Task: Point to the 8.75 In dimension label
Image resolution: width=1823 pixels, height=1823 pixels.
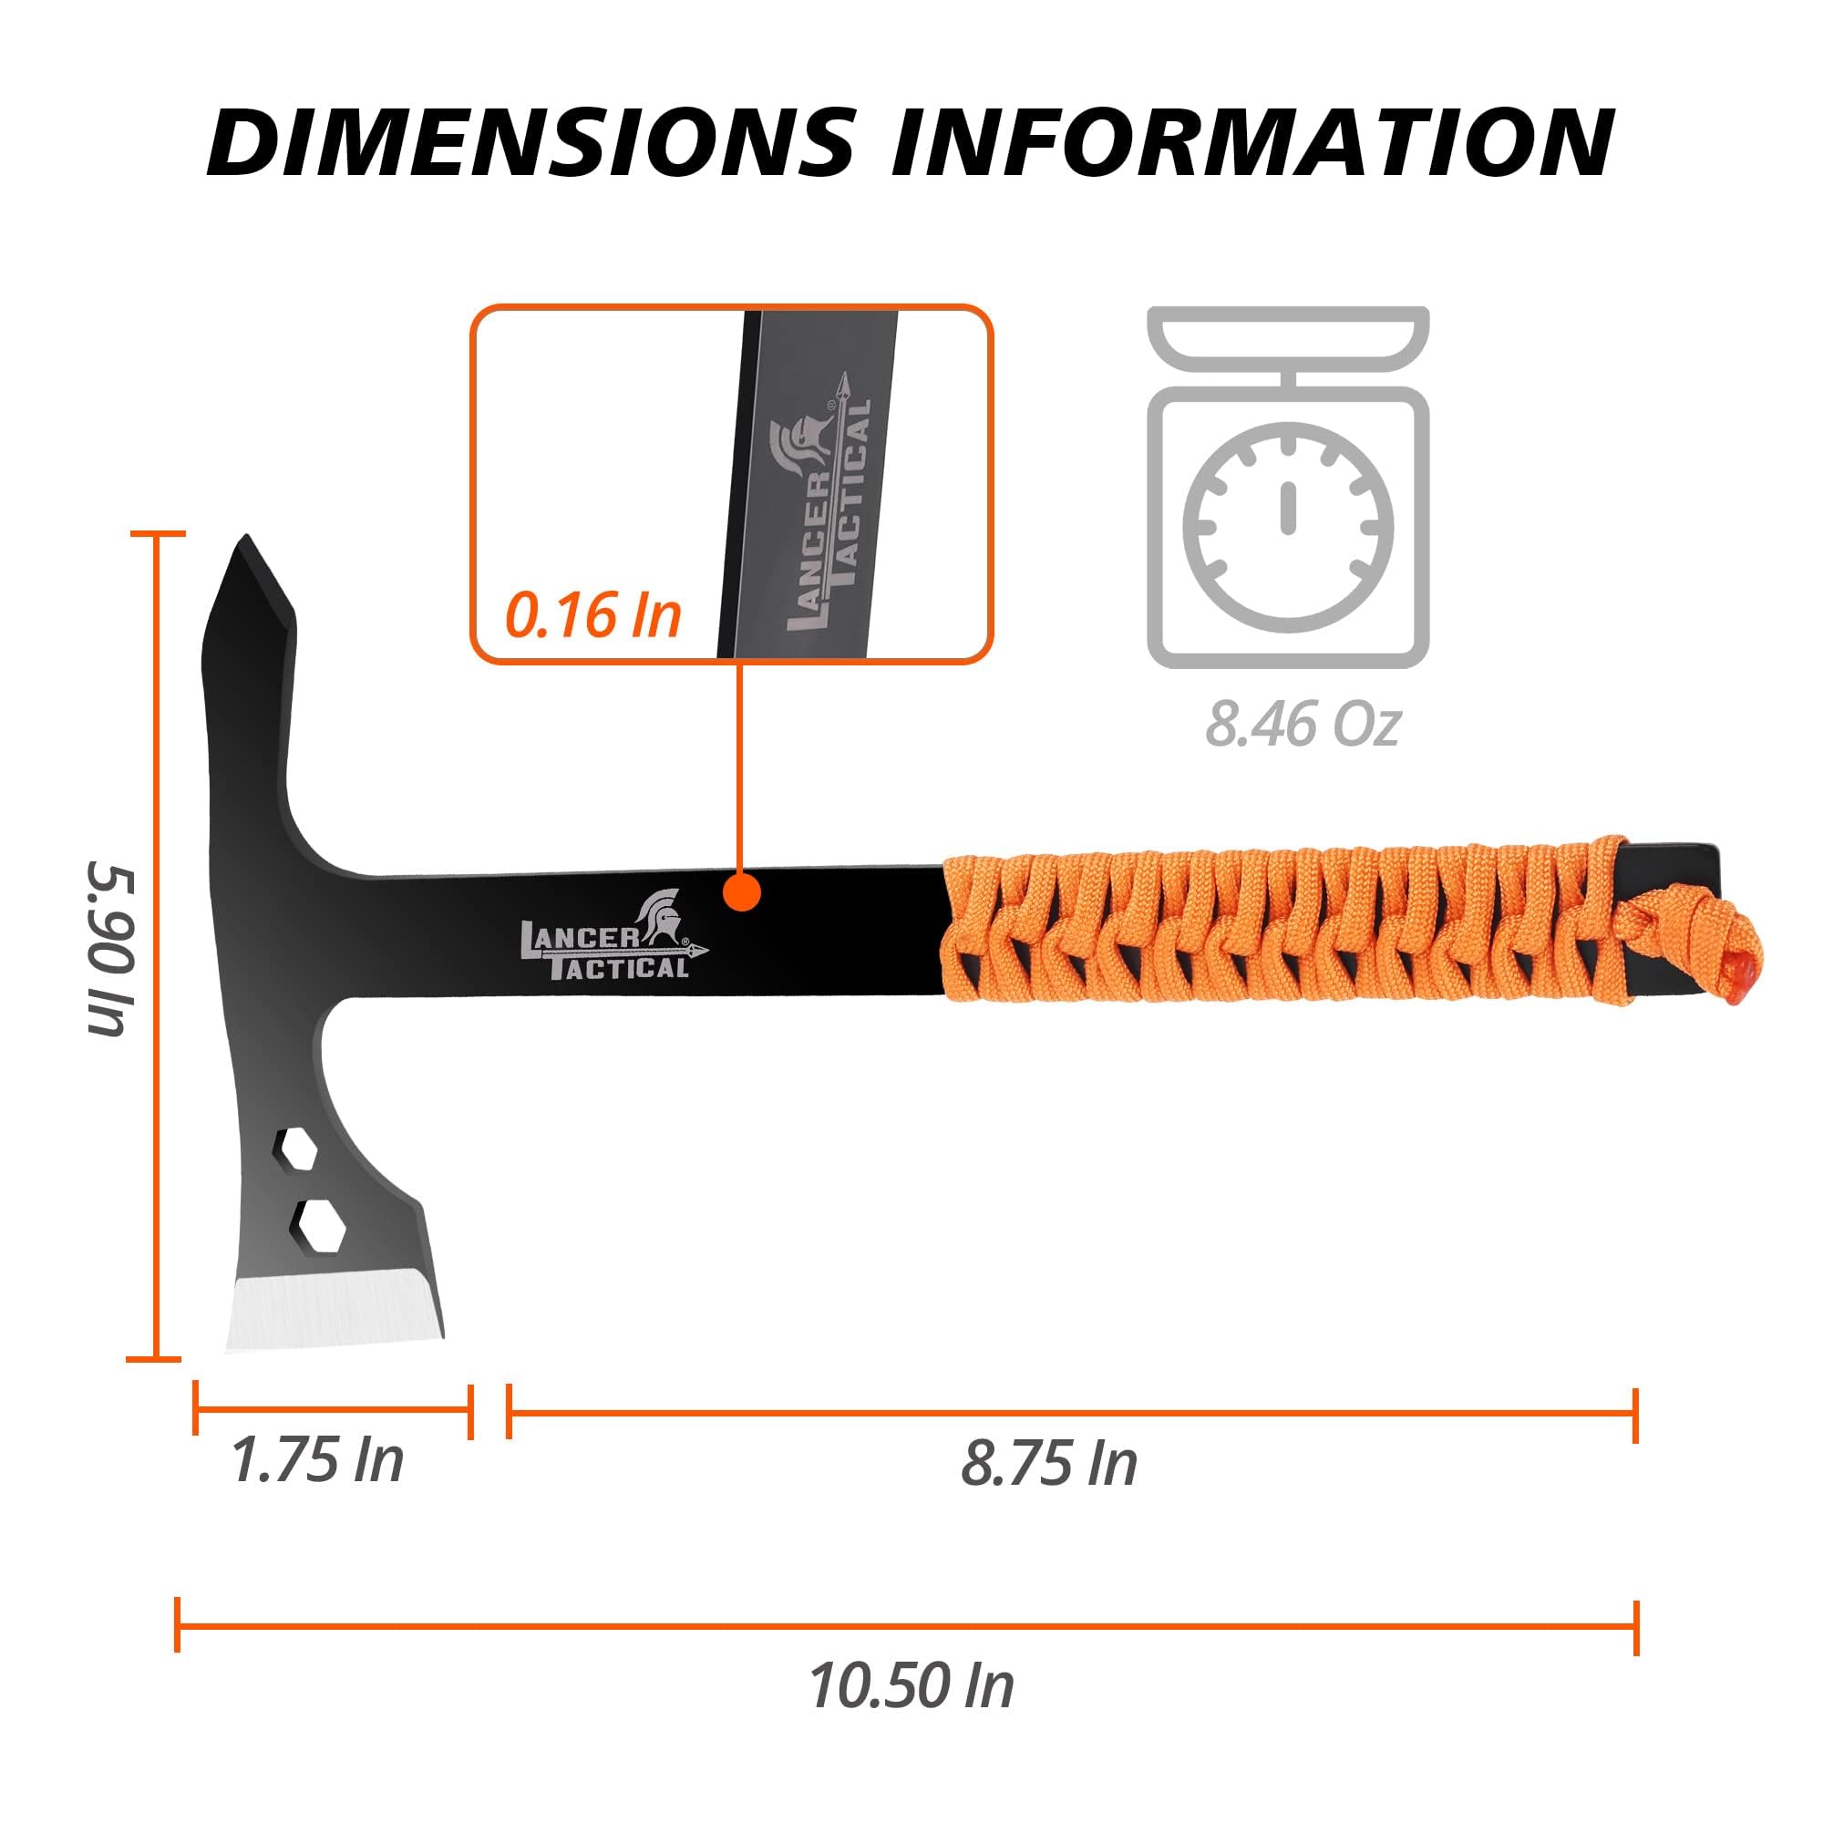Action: [x=1048, y=1464]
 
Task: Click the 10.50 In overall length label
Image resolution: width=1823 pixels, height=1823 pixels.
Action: [x=911, y=1686]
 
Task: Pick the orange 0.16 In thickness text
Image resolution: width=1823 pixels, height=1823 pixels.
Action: [x=592, y=615]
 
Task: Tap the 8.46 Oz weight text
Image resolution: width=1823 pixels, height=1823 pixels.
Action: [x=1303, y=725]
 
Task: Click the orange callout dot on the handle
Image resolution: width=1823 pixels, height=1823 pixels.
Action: [x=743, y=891]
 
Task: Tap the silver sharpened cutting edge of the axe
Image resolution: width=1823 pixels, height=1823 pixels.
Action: [x=332, y=1309]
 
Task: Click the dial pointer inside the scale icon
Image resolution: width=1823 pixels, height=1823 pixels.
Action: [x=1286, y=508]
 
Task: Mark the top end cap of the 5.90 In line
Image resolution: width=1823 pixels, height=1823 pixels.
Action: [x=156, y=534]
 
